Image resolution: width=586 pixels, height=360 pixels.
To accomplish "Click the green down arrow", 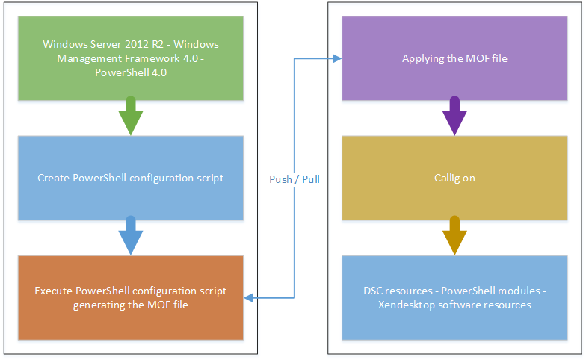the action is coord(130,116).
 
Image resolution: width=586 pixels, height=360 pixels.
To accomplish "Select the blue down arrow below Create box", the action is coord(130,236).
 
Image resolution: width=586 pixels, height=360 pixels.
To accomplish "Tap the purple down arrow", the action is coord(454,116).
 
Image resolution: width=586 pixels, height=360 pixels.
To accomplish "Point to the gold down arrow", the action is coord(454,236).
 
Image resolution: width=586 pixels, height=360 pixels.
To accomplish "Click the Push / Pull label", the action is coord(294,179).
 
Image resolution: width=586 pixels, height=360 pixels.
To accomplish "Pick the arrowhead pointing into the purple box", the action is coord(337,58).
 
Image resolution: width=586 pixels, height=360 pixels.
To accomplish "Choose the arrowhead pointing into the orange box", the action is coord(248,297).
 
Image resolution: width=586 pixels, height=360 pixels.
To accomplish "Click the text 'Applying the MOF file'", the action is coord(454,58).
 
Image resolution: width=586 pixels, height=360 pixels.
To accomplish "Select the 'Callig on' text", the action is coord(454,178).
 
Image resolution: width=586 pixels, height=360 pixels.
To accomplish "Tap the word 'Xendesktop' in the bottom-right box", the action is coord(407,305).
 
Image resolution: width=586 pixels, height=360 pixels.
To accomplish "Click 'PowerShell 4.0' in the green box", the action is coord(131,72).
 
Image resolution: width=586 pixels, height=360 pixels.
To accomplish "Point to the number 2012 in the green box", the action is coord(136,44).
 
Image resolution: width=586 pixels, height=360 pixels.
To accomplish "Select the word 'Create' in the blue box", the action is coord(54,178).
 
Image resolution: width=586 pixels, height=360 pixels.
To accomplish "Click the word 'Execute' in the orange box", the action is coord(54,291).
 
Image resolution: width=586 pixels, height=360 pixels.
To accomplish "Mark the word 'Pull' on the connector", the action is coord(311,179).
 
